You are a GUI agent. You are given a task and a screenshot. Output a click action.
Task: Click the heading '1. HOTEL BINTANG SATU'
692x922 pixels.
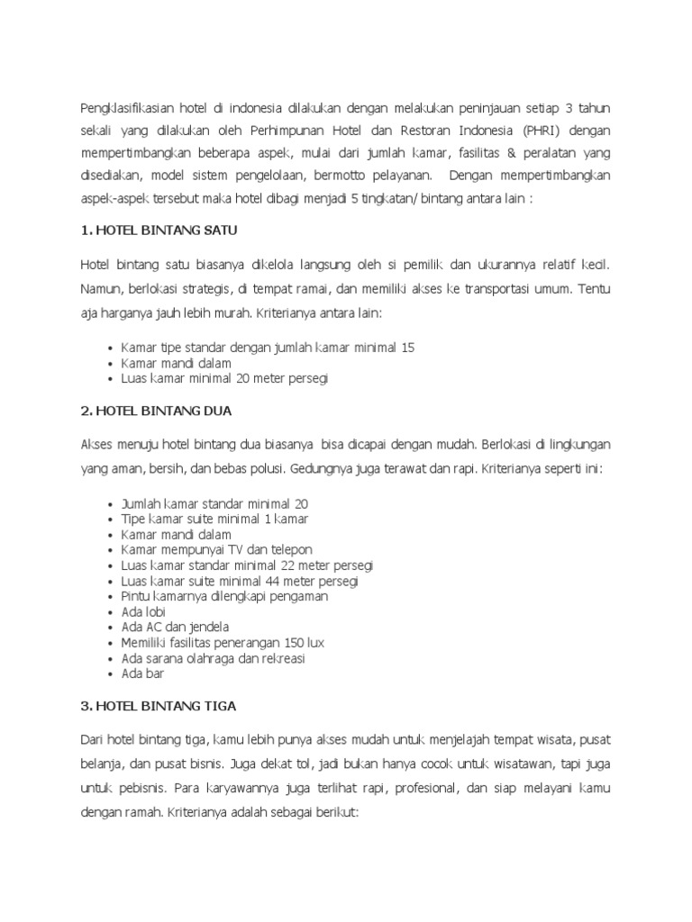pyautogui.click(x=159, y=230)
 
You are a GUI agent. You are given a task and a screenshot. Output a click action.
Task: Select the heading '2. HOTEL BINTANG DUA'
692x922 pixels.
pyautogui.click(x=157, y=411)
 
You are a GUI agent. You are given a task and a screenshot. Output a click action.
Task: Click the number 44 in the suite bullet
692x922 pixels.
pyautogui.click(x=268, y=581)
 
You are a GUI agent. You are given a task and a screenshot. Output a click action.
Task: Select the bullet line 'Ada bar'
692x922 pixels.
pyautogui.click(x=143, y=673)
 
